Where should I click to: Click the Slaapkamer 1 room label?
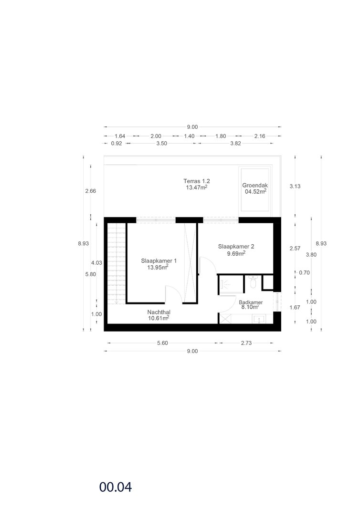click(x=159, y=260)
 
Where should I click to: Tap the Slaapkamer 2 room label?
click(x=236, y=246)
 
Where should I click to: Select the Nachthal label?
click(x=159, y=312)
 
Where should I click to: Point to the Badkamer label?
click(x=251, y=302)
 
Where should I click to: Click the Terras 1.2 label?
click(x=197, y=181)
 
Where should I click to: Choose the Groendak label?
click(x=255, y=186)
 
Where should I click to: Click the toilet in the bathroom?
click(x=253, y=282)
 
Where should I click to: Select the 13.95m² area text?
click(x=158, y=267)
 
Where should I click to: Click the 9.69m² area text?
click(x=236, y=253)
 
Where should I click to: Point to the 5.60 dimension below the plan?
click(x=162, y=343)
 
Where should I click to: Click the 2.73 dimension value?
click(x=246, y=343)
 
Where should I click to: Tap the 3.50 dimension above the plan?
click(x=161, y=143)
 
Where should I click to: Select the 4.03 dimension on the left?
click(x=96, y=263)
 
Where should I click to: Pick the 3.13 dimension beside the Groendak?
click(x=295, y=187)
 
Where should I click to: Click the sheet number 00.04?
click(x=116, y=487)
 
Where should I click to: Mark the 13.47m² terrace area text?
click(x=197, y=187)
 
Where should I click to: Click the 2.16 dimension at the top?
click(x=260, y=136)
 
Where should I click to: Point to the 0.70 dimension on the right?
click(x=305, y=273)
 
